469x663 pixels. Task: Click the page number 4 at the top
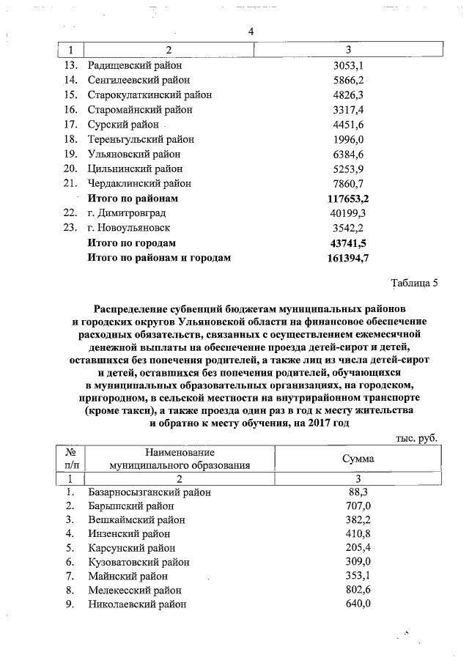[x=251, y=32]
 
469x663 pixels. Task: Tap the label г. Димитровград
[x=127, y=212]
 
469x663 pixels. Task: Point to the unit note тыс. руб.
[x=416, y=437]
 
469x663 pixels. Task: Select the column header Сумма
[x=358, y=458]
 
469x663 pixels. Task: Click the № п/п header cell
[x=72, y=458]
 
